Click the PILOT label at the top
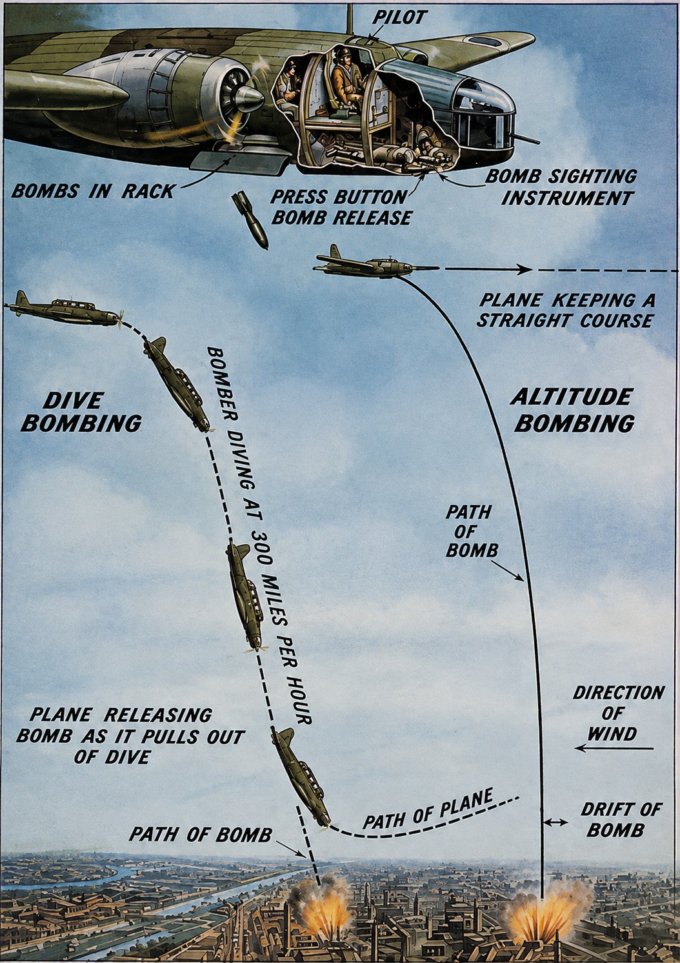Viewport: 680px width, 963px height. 399,17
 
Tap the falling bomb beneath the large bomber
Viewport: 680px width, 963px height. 250,220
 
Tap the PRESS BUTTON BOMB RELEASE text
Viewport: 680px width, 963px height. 341,207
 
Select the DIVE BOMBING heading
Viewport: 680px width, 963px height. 81,411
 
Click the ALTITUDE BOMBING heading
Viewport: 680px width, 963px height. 572,410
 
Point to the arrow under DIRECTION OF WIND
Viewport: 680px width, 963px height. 614,749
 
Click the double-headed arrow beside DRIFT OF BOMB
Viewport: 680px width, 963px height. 555,822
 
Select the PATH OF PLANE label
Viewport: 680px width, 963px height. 428,809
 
